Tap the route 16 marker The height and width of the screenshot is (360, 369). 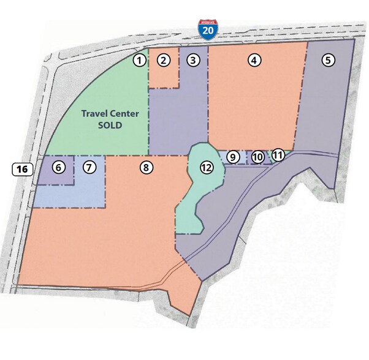pos(21,169)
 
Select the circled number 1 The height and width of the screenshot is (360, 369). pos(140,60)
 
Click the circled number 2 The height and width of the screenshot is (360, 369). pos(163,60)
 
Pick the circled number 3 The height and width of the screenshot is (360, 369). pos(193,60)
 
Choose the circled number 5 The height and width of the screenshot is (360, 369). pos(329,60)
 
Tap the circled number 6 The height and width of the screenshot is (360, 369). pos(58,167)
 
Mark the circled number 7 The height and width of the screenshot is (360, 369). pos(89,167)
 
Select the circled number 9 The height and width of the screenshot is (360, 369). pos(232,157)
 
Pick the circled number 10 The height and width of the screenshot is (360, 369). pos(258,157)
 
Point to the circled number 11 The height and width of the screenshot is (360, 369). pos(278,155)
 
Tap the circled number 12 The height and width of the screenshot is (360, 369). pos(206,167)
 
